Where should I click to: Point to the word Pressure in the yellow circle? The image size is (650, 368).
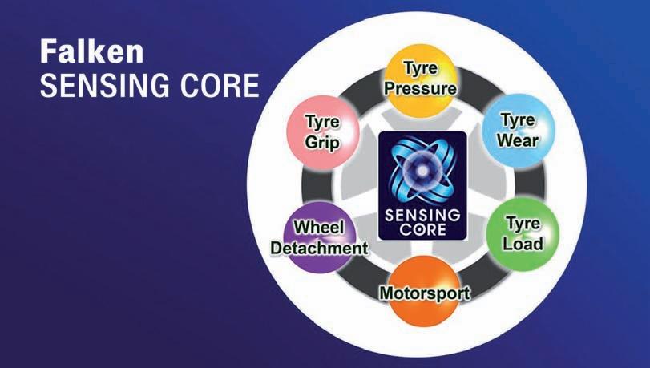(x=421, y=88)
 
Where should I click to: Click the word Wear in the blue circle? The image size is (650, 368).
(x=518, y=140)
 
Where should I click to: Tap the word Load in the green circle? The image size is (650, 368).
(x=522, y=242)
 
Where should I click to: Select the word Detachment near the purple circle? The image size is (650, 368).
(x=319, y=248)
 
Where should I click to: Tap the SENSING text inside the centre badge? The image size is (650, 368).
(x=422, y=214)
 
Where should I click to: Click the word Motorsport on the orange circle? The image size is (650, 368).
(x=424, y=292)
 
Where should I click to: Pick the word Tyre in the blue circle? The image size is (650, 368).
(x=518, y=120)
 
